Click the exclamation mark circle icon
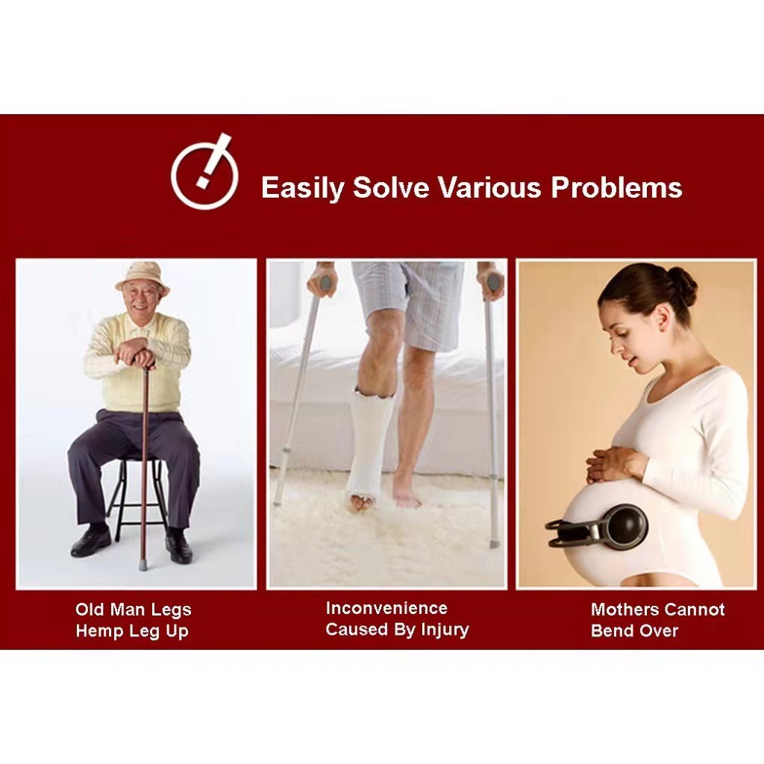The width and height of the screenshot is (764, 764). [204, 172]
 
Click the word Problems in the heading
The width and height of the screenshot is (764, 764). [616, 187]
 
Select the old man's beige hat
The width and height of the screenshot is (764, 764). [143, 277]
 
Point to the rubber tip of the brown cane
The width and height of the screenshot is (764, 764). [143, 566]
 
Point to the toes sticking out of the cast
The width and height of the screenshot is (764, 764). [360, 503]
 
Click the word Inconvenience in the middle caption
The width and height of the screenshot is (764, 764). [386, 608]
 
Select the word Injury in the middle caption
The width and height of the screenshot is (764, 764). [445, 630]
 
